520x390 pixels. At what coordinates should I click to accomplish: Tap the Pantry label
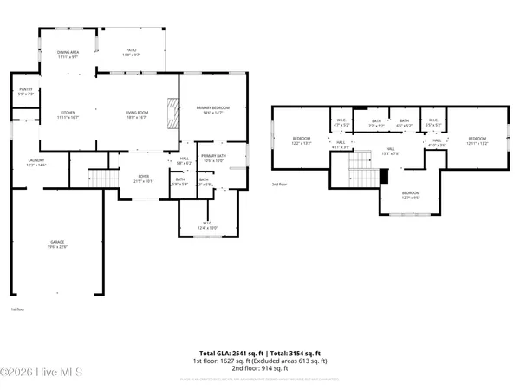[x=25, y=92]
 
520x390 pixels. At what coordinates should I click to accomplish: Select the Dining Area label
[x=68, y=54]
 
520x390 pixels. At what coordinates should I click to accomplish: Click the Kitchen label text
[x=68, y=114]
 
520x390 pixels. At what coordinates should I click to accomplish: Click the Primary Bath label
[x=213, y=157]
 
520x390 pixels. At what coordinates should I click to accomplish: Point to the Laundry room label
[x=36, y=162]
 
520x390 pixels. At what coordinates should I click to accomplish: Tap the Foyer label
[x=142, y=179]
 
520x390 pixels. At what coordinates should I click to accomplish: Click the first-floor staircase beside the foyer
[x=104, y=179]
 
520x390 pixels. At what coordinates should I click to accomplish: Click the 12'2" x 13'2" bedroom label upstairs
[x=301, y=140]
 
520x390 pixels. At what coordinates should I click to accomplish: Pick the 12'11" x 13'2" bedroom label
[x=478, y=140]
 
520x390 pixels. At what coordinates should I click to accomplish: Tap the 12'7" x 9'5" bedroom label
[x=410, y=195]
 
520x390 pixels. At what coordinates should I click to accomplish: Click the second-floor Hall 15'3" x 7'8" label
[x=391, y=151]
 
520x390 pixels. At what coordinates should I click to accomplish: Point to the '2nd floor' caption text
[x=279, y=185]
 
